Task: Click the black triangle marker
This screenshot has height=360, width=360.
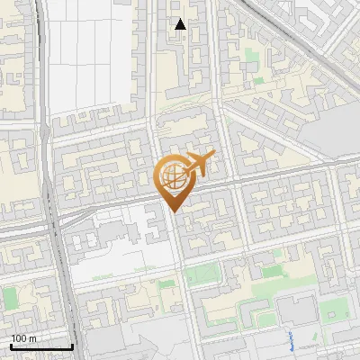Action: [x=181, y=24]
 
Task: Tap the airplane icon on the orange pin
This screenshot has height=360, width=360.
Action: [x=195, y=165]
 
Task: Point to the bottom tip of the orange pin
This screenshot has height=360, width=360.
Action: [x=172, y=211]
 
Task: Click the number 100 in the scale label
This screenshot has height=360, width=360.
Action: [x=18, y=338]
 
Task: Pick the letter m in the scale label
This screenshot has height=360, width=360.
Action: [x=32, y=338]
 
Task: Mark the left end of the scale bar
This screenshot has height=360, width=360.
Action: [x=11, y=346]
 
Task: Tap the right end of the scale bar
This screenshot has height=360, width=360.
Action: [x=72, y=346]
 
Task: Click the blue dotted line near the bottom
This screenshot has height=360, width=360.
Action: [x=292, y=339]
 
